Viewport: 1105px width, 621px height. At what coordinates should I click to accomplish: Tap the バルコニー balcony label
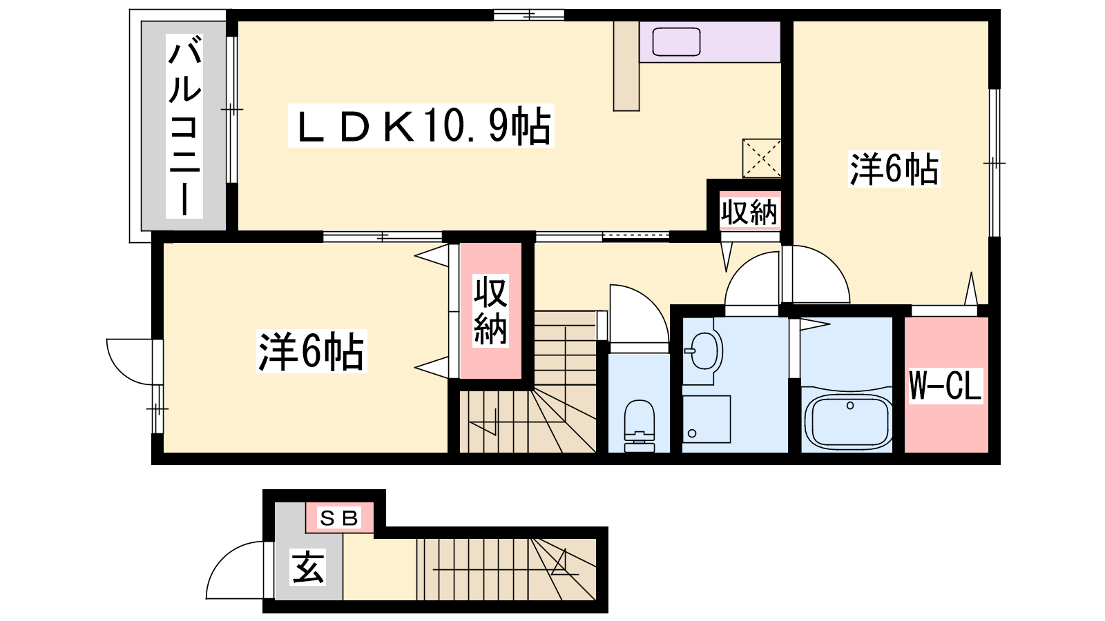[x=184, y=126]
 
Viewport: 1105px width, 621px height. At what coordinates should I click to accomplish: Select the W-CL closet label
[x=945, y=386]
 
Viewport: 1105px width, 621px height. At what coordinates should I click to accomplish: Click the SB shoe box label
[x=339, y=518]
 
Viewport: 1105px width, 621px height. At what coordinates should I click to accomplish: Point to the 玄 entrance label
[x=308, y=567]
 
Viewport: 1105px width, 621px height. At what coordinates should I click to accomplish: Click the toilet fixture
[x=640, y=426]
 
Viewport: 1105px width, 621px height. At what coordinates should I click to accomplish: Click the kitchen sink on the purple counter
[x=676, y=41]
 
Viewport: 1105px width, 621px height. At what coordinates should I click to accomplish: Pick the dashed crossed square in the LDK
[x=762, y=158]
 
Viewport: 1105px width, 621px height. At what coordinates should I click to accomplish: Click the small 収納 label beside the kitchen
[x=749, y=213]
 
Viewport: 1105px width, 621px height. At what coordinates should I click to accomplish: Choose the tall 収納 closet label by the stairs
[x=490, y=310]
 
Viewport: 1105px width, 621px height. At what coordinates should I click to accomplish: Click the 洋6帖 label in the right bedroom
[x=894, y=169]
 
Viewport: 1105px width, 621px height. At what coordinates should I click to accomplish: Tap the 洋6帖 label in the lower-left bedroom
[x=311, y=351]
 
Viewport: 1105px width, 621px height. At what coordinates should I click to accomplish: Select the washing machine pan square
[x=707, y=419]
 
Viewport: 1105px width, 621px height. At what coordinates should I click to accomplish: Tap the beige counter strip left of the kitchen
[x=626, y=66]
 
